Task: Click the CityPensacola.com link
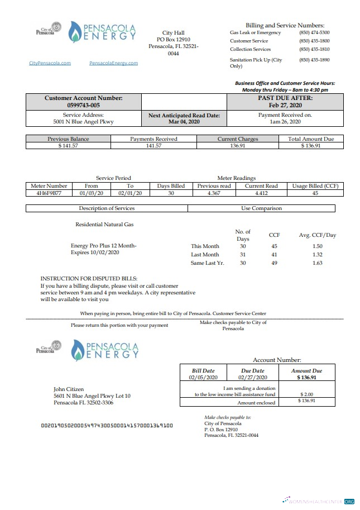pyautogui.click(x=50, y=63)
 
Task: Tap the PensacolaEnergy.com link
pyautogui.click(x=113, y=63)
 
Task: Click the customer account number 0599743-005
pyautogui.click(x=83, y=105)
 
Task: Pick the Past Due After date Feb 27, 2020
pyautogui.click(x=285, y=105)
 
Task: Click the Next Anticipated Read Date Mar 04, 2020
pyautogui.click(x=184, y=121)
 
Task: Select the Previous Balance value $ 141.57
pyautogui.click(x=68, y=146)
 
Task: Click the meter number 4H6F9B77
pyautogui.click(x=49, y=193)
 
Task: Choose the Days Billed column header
pyautogui.click(x=171, y=186)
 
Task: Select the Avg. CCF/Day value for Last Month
pyautogui.click(x=317, y=254)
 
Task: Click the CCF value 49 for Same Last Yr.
pyautogui.click(x=274, y=263)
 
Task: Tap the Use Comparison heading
pyautogui.click(x=261, y=208)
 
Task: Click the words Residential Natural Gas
pyautogui.click(x=104, y=224)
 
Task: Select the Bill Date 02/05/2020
pyautogui.click(x=203, y=377)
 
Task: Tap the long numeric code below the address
pyautogui.click(x=107, y=425)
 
